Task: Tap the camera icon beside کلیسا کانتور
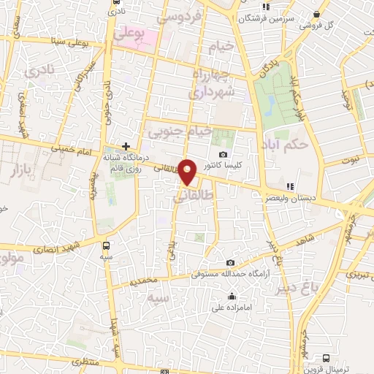click(223, 154)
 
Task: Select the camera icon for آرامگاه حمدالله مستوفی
click(231, 263)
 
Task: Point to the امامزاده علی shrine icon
click(232, 296)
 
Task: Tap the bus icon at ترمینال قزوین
click(326, 358)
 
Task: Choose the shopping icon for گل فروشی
click(316, 14)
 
